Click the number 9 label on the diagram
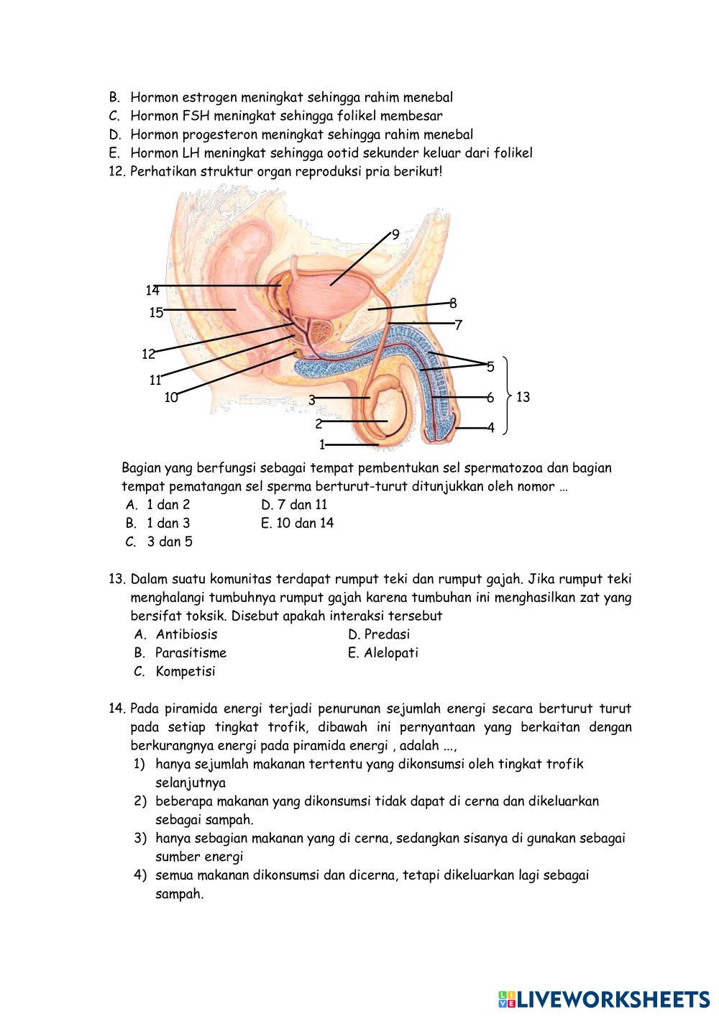(x=395, y=234)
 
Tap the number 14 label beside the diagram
(x=152, y=291)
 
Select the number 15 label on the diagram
(x=156, y=313)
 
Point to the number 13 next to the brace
(x=523, y=397)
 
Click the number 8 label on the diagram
(x=453, y=303)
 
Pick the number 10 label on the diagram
(x=171, y=397)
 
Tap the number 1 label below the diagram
(x=322, y=444)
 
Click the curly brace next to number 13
(x=508, y=396)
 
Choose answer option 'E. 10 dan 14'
(x=298, y=523)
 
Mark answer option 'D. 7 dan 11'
(x=294, y=504)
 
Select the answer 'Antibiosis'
(x=186, y=634)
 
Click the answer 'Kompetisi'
(x=186, y=672)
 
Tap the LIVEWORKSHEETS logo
(x=605, y=998)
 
